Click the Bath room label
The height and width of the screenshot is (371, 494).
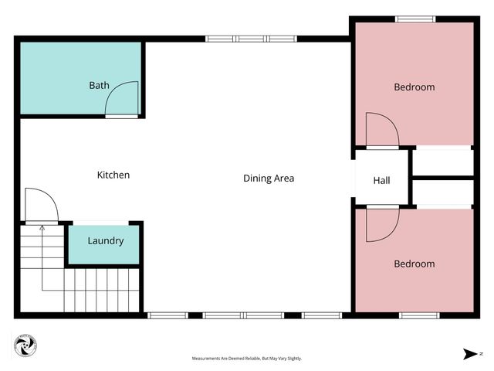click(99, 85)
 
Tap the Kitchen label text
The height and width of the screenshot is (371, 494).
click(113, 175)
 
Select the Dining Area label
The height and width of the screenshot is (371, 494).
click(269, 179)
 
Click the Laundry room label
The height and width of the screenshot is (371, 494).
click(105, 240)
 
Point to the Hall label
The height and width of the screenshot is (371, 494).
click(381, 181)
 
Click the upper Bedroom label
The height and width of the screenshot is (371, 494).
click(414, 87)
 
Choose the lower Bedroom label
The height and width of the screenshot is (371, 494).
click(414, 264)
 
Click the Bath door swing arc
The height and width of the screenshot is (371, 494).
click(121, 99)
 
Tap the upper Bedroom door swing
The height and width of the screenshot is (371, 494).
click(381, 129)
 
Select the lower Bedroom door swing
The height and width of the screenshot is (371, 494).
click(381, 222)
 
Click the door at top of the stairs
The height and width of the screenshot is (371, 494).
click(40, 205)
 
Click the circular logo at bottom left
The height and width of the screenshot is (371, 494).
click(25, 345)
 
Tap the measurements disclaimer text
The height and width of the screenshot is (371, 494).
click(247, 359)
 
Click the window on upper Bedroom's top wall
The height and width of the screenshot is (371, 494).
click(414, 19)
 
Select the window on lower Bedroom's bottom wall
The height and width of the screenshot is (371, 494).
click(419, 315)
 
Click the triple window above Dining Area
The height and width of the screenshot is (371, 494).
click(251, 38)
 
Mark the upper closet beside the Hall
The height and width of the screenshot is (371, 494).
click(442, 162)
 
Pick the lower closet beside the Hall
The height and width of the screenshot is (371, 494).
click(442, 192)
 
